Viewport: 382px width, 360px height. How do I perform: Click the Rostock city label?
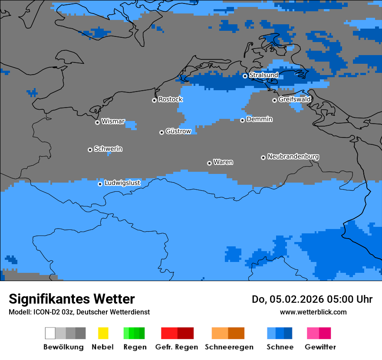[x=170, y=99]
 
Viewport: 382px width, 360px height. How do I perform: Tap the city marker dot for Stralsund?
[x=245, y=76]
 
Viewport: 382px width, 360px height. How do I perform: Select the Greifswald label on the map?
[x=294, y=99]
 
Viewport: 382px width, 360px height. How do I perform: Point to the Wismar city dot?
[x=97, y=122]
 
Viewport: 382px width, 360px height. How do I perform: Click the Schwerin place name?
[x=108, y=149]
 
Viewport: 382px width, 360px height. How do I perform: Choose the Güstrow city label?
[x=178, y=131]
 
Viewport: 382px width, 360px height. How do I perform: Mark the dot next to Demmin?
[x=242, y=120]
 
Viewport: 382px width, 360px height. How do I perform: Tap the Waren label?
[x=223, y=162]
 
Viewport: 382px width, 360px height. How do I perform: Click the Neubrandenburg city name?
[x=293, y=157]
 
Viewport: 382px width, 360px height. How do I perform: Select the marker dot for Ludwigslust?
[x=100, y=184]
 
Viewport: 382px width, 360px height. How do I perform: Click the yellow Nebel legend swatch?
[x=103, y=333]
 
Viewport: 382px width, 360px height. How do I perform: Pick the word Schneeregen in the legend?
[x=229, y=347]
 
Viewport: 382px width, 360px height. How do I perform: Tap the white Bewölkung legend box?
[x=50, y=333]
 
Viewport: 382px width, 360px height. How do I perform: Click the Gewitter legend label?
[x=320, y=347]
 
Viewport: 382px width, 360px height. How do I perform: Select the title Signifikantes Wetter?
[x=72, y=299]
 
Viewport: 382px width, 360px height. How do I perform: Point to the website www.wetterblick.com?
[x=313, y=312]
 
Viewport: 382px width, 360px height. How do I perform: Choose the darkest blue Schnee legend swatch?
[x=288, y=333]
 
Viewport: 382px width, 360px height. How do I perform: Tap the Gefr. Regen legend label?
[x=176, y=347]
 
